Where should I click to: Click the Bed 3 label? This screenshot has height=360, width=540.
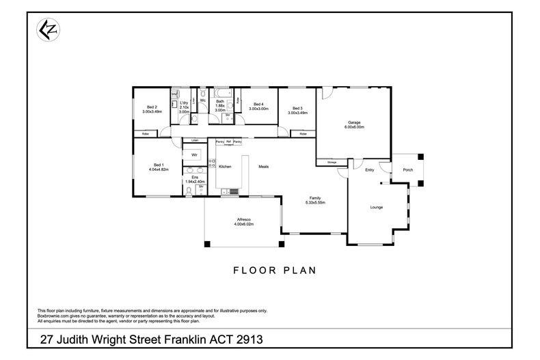[297, 109]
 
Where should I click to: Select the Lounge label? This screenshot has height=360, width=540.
[376, 207]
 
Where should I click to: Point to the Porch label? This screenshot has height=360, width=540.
[407, 170]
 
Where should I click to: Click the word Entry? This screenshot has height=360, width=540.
[370, 170]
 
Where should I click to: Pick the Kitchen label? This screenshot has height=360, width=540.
[225, 166]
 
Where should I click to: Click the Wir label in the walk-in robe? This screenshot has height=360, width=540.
[194, 156]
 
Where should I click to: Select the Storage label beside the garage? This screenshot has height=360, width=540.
[331, 163]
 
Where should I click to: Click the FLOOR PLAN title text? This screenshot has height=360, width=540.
[274, 270]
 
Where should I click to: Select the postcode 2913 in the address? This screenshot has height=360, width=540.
[248, 340]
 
